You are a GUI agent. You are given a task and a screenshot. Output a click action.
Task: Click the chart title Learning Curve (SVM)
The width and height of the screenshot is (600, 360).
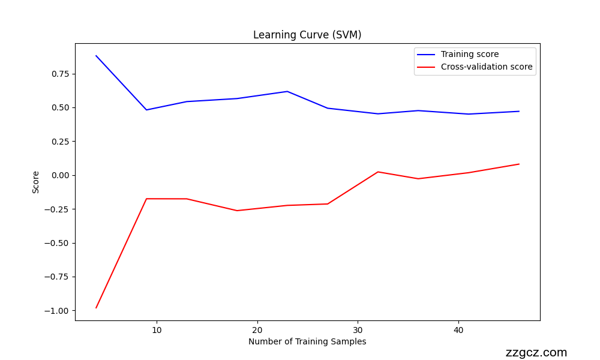pyautogui.click(x=307, y=35)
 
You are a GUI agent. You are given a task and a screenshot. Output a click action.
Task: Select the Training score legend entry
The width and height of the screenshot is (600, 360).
pyautogui.click(x=469, y=54)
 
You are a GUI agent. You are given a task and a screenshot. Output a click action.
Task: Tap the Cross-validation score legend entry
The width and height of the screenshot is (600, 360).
pyautogui.click(x=486, y=67)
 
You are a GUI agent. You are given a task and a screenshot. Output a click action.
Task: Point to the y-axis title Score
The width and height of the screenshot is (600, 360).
pyautogui.click(x=36, y=182)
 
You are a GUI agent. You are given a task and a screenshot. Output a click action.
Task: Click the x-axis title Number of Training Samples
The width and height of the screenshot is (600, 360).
pyautogui.click(x=307, y=341)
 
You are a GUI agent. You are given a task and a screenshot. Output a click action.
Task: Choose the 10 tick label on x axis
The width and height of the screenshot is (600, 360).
pyautogui.click(x=157, y=330)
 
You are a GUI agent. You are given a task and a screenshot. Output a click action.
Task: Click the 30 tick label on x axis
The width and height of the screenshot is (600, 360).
pyautogui.click(x=358, y=330)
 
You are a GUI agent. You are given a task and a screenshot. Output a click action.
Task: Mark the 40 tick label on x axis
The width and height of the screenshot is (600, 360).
pyautogui.click(x=458, y=330)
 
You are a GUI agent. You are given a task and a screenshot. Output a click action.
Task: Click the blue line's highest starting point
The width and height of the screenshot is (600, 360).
pyautogui.click(x=96, y=56)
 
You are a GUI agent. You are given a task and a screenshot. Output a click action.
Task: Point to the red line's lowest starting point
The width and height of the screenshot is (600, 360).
pyautogui.click(x=96, y=308)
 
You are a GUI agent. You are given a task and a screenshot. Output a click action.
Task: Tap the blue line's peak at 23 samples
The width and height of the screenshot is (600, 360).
pyautogui.click(x=287, y=91)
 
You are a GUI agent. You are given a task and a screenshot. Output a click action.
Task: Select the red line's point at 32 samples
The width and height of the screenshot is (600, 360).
pyautogui.click(x=378, y=172)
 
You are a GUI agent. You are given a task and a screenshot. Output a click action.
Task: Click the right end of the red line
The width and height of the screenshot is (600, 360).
pyautogui.click(x=519, y=164)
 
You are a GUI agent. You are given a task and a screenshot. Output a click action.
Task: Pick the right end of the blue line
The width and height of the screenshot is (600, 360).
pyautogui.click(x=519, y=111)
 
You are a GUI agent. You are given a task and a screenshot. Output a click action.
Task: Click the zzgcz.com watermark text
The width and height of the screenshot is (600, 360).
pyautogui.click(x=536, y=353)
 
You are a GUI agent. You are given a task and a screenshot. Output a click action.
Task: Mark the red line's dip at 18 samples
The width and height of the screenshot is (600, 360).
pyautogui.click(x=237, y=211)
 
